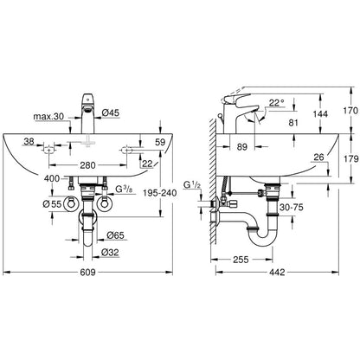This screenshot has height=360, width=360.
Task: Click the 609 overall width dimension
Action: [x=87, y=272]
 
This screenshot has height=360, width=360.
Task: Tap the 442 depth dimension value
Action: [x=277, y=272]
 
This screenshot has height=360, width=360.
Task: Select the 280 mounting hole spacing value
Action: [x=87, y=165]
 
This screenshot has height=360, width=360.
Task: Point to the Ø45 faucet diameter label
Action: [x=111, y=112]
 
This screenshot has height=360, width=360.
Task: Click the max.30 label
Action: [x=48, y=117]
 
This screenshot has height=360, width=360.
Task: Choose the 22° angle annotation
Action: [x=277, y=102]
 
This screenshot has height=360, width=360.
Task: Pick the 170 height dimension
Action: [x=350, y=111]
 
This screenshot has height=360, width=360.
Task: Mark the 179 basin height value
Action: [x=350, y=158]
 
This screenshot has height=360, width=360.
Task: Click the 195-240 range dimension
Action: [x=160, y=193]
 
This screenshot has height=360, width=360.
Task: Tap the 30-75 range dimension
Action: [x=292, y=207]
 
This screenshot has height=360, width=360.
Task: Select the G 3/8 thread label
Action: [x=125, y=190]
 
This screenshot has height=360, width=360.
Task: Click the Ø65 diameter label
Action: [x=115, y=235]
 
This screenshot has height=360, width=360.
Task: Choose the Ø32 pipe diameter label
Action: [x=110, y=253]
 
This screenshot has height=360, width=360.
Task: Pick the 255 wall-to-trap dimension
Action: [x=241, y=260]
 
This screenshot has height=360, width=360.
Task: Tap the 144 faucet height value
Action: [x=320, y=114]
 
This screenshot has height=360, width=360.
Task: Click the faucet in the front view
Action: [x=88, y=113]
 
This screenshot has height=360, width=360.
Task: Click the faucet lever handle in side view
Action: [x=235, y=98]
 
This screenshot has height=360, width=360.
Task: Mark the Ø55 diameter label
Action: [x=52, y=204]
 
